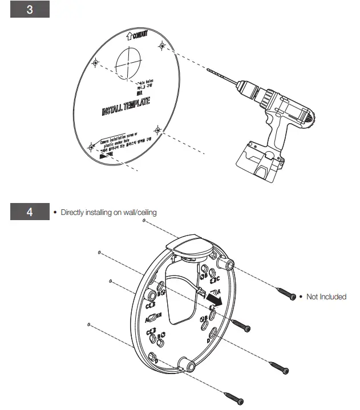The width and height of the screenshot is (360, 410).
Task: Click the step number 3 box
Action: coord(29,11)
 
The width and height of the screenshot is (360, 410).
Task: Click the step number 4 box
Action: coord(29,212)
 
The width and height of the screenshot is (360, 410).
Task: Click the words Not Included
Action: coord(326,297)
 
